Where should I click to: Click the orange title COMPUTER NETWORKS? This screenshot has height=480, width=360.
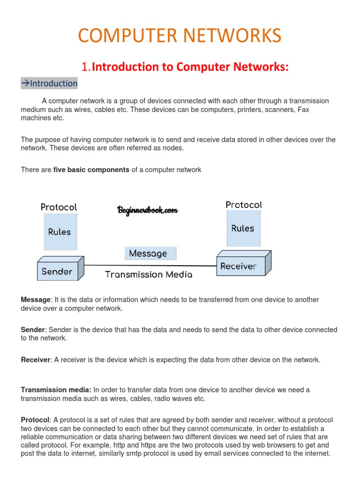pos(180,36)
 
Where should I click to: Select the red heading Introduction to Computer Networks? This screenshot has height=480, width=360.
pos(190,67)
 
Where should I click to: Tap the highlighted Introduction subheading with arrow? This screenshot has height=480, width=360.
pos(49,83)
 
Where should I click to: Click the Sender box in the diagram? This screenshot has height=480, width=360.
pos(57,271)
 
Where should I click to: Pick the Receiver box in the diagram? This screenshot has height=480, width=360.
pos(239,266)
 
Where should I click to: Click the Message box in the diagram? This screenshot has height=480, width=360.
pos(148,254)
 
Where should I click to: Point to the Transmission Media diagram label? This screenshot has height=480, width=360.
pos(149,275)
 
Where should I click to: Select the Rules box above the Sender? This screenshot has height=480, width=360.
pos(60,232)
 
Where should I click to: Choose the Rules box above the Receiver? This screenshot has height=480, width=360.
pos(243,229)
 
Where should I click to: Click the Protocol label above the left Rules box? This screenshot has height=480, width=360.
pos(59,207)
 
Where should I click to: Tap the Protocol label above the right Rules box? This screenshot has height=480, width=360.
pos(244,205)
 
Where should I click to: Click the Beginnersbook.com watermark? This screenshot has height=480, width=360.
pos(147,210)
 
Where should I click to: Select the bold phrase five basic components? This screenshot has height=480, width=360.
pos(91,170)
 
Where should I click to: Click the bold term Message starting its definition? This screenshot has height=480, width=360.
pos(36,300)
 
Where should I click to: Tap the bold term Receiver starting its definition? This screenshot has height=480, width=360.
pos(36,360)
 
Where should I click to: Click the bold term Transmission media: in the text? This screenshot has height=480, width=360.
pos(56,390)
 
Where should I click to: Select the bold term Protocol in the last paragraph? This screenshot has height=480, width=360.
pos(35,420)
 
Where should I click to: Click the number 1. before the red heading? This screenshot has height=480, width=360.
pos(86,67)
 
